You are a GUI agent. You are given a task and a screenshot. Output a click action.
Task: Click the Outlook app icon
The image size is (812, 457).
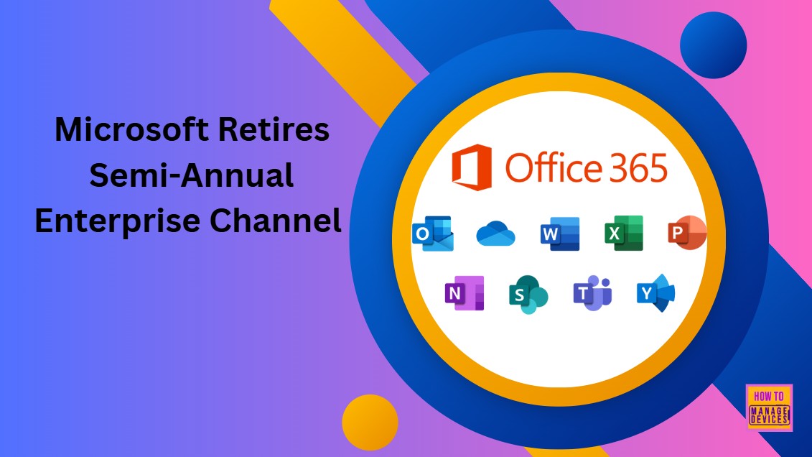point(432,234)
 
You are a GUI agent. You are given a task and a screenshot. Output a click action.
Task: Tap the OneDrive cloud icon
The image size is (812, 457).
point(497,234)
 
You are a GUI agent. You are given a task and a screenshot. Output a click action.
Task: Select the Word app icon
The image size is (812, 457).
point(560,234)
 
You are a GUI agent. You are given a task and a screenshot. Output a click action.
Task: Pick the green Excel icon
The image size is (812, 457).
point(623,233)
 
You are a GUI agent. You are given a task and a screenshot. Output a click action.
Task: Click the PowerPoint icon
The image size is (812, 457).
point(687,233)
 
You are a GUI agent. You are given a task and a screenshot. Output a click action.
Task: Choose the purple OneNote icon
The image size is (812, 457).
point(465,292)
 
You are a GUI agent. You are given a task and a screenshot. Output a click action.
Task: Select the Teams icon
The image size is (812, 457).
point(592,293)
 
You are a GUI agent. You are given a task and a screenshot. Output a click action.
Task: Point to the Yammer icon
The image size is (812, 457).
point(655,292)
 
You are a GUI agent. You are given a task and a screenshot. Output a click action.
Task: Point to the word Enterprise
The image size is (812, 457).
point(116,221)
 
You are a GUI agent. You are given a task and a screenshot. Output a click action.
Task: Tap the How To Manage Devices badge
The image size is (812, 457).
point(769,407)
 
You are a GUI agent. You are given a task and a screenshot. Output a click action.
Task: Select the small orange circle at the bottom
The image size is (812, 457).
point(370,423)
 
